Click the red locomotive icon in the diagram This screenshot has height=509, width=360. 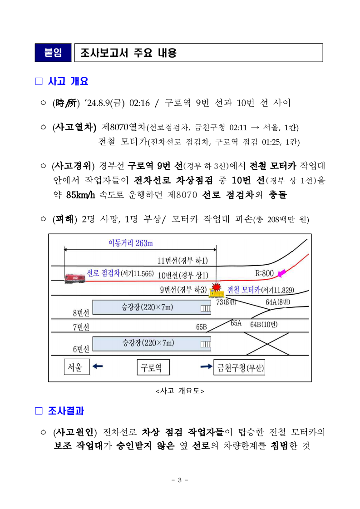click(75, 277)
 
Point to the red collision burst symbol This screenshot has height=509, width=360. click(217, 287)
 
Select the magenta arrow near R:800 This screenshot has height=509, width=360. click(282, 273)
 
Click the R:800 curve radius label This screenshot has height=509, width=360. click(265, 273)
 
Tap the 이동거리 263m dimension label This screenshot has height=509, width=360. click(130, 243)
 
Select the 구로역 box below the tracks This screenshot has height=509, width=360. click(153, 367)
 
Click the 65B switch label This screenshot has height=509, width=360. click(202, 326)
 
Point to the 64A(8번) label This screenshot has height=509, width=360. click(278, 302)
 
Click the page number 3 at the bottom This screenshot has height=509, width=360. click(180, 480)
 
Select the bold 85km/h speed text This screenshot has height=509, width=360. click(80, 195)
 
